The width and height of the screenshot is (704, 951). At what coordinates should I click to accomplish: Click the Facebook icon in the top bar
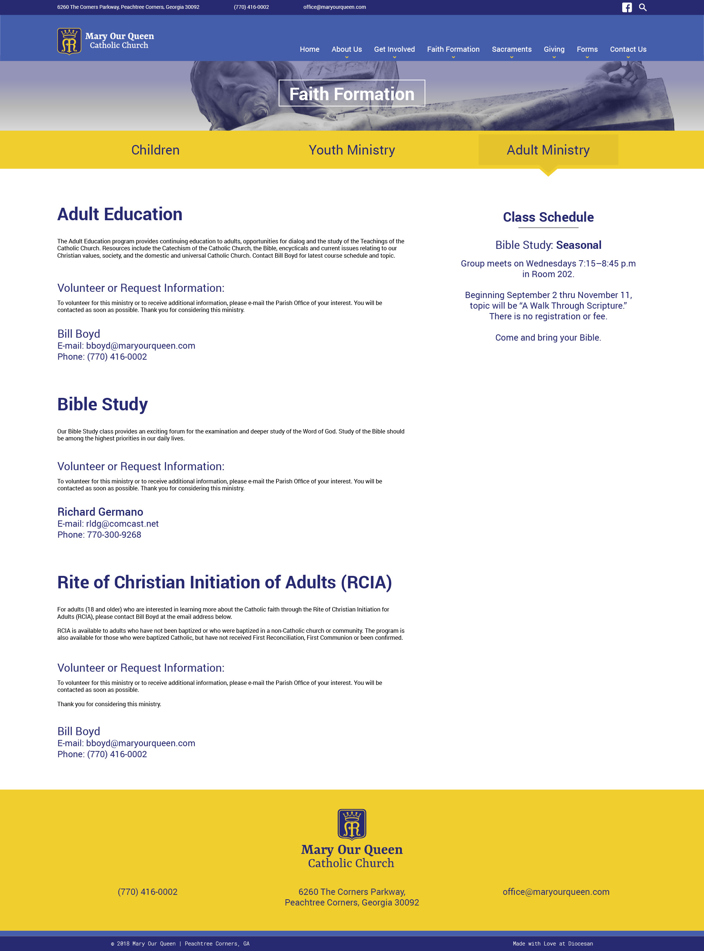[626, 7]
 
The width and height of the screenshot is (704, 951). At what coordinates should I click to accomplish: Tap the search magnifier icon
[643, 7]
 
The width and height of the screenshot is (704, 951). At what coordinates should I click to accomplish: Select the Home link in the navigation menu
[309, 49]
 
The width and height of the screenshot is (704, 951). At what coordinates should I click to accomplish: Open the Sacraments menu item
[511, 49]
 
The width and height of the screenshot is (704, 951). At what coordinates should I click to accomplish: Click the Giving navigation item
[554, 49]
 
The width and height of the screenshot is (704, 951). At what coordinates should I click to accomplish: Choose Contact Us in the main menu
[628, 49]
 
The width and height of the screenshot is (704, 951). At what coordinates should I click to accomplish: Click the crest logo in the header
[69, 41]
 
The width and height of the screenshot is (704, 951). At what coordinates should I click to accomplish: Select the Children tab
[155, 150]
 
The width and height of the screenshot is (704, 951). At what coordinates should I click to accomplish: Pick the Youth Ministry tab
[352, 150]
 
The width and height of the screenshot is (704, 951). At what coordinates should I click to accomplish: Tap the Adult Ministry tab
[548, 150]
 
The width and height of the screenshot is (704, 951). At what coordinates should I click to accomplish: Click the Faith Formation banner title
[352, 94]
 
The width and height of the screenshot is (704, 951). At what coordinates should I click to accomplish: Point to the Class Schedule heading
[548, 217]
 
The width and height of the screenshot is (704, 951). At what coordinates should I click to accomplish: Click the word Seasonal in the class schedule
[578, 245]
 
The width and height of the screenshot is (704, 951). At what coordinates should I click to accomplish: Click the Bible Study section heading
[102, 404]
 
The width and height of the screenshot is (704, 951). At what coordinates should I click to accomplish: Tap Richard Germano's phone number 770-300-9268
[114, 535]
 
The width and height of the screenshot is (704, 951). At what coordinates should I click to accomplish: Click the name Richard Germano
[100, 512]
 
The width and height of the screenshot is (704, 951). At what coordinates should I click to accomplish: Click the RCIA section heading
[224, 582]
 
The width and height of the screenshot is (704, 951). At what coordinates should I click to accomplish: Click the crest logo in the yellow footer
[352, 824]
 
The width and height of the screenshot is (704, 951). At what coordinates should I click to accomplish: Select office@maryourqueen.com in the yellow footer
[556, 892]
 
